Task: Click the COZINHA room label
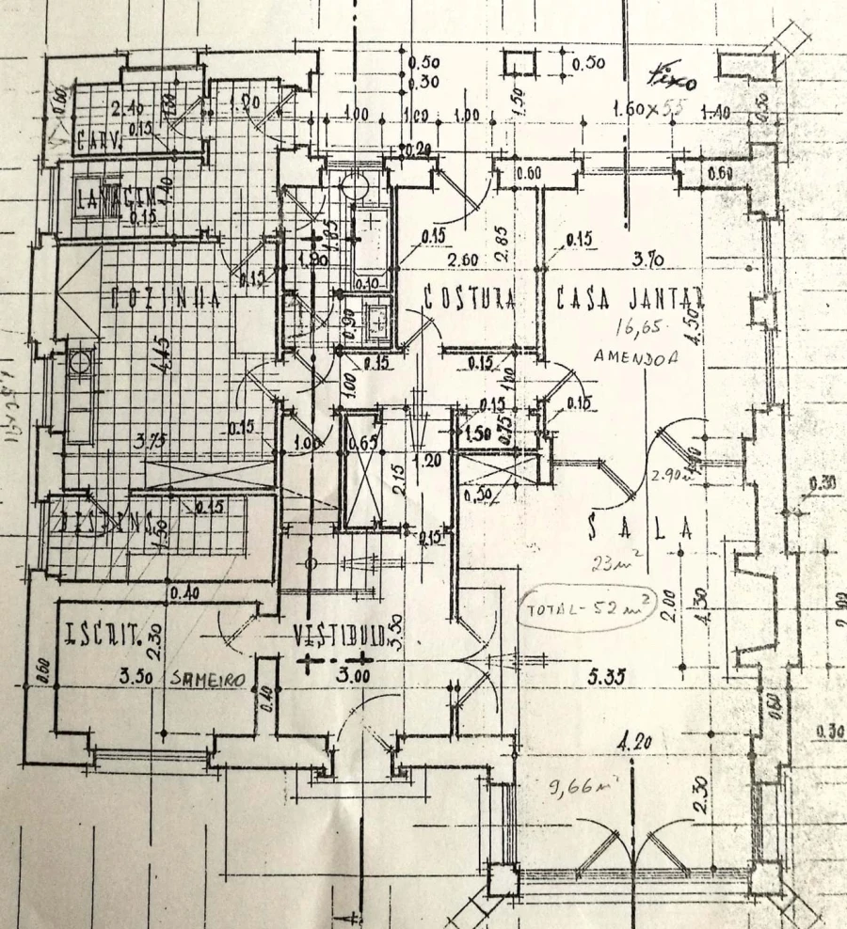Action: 165,299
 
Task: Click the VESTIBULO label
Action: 336,635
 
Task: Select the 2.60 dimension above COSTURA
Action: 466,260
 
